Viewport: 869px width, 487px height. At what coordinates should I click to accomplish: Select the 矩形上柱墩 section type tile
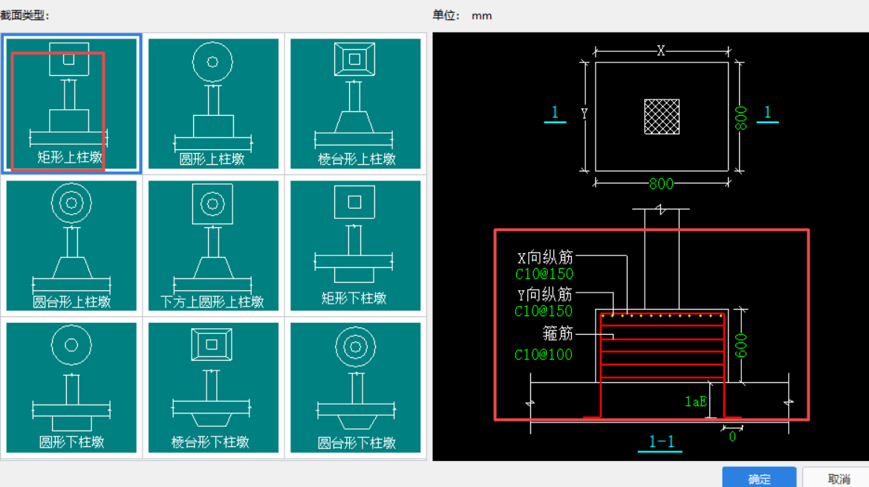click(71, 103)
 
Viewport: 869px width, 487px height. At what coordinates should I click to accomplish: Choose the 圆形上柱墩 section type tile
click(213, 103)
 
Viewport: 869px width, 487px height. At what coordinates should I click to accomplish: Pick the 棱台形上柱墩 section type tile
click(356, 103)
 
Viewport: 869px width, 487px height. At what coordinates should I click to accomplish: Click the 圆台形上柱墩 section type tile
click(71, 246)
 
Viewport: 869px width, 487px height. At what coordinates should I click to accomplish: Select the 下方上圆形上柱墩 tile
click(213, 246)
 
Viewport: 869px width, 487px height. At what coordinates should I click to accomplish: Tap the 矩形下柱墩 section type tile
click(356, 246)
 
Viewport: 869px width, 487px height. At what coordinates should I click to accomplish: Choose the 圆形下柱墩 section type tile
click(71, 388)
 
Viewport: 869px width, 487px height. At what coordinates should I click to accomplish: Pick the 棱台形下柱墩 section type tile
click(213, 388)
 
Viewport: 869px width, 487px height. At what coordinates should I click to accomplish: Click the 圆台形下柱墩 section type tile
click(356, 388)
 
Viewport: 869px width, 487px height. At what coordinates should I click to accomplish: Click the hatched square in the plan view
click(662, 117)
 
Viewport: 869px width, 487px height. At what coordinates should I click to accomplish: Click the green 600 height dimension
click(741, 345)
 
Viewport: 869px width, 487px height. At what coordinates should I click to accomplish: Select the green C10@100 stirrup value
click(544, 355)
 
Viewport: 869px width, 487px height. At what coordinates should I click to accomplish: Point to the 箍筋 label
click(558, 332)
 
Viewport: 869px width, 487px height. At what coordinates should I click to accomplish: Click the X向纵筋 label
click(545, 258)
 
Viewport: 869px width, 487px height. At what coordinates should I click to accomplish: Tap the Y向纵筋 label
click(545, 294)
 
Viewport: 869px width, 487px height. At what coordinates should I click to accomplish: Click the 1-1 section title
click(661, 442)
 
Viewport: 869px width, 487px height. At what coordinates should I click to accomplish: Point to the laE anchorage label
click(695, 402)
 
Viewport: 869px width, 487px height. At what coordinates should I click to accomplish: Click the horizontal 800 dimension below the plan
click(661, 183)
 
